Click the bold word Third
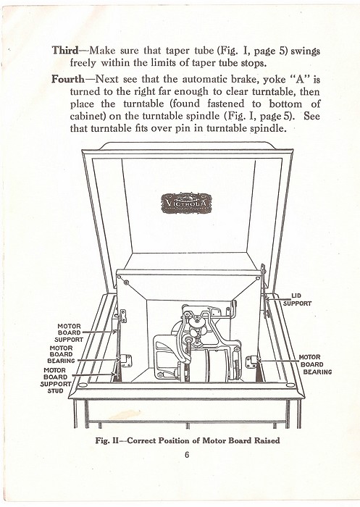(x=65, y=51)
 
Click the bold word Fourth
(x=68, y=79)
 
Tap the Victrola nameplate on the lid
(x=186, y=204)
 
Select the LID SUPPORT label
(x=297, y=299)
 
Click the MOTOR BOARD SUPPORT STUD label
(x=56, y=380)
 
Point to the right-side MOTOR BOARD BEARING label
(x=315, y=364)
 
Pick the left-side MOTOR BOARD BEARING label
(x=61, y=354)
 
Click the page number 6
(x=187, y=455)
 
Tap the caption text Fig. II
(x=107, y=440)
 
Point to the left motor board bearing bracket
(x=126, y=360)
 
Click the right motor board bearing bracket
(x=251, y=362)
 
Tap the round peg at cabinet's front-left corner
(x=83, y=385)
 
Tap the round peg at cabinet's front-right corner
(x=290, y=385)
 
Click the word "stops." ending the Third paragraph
(x=254, y=63)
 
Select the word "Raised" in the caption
(x=267, y=440)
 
